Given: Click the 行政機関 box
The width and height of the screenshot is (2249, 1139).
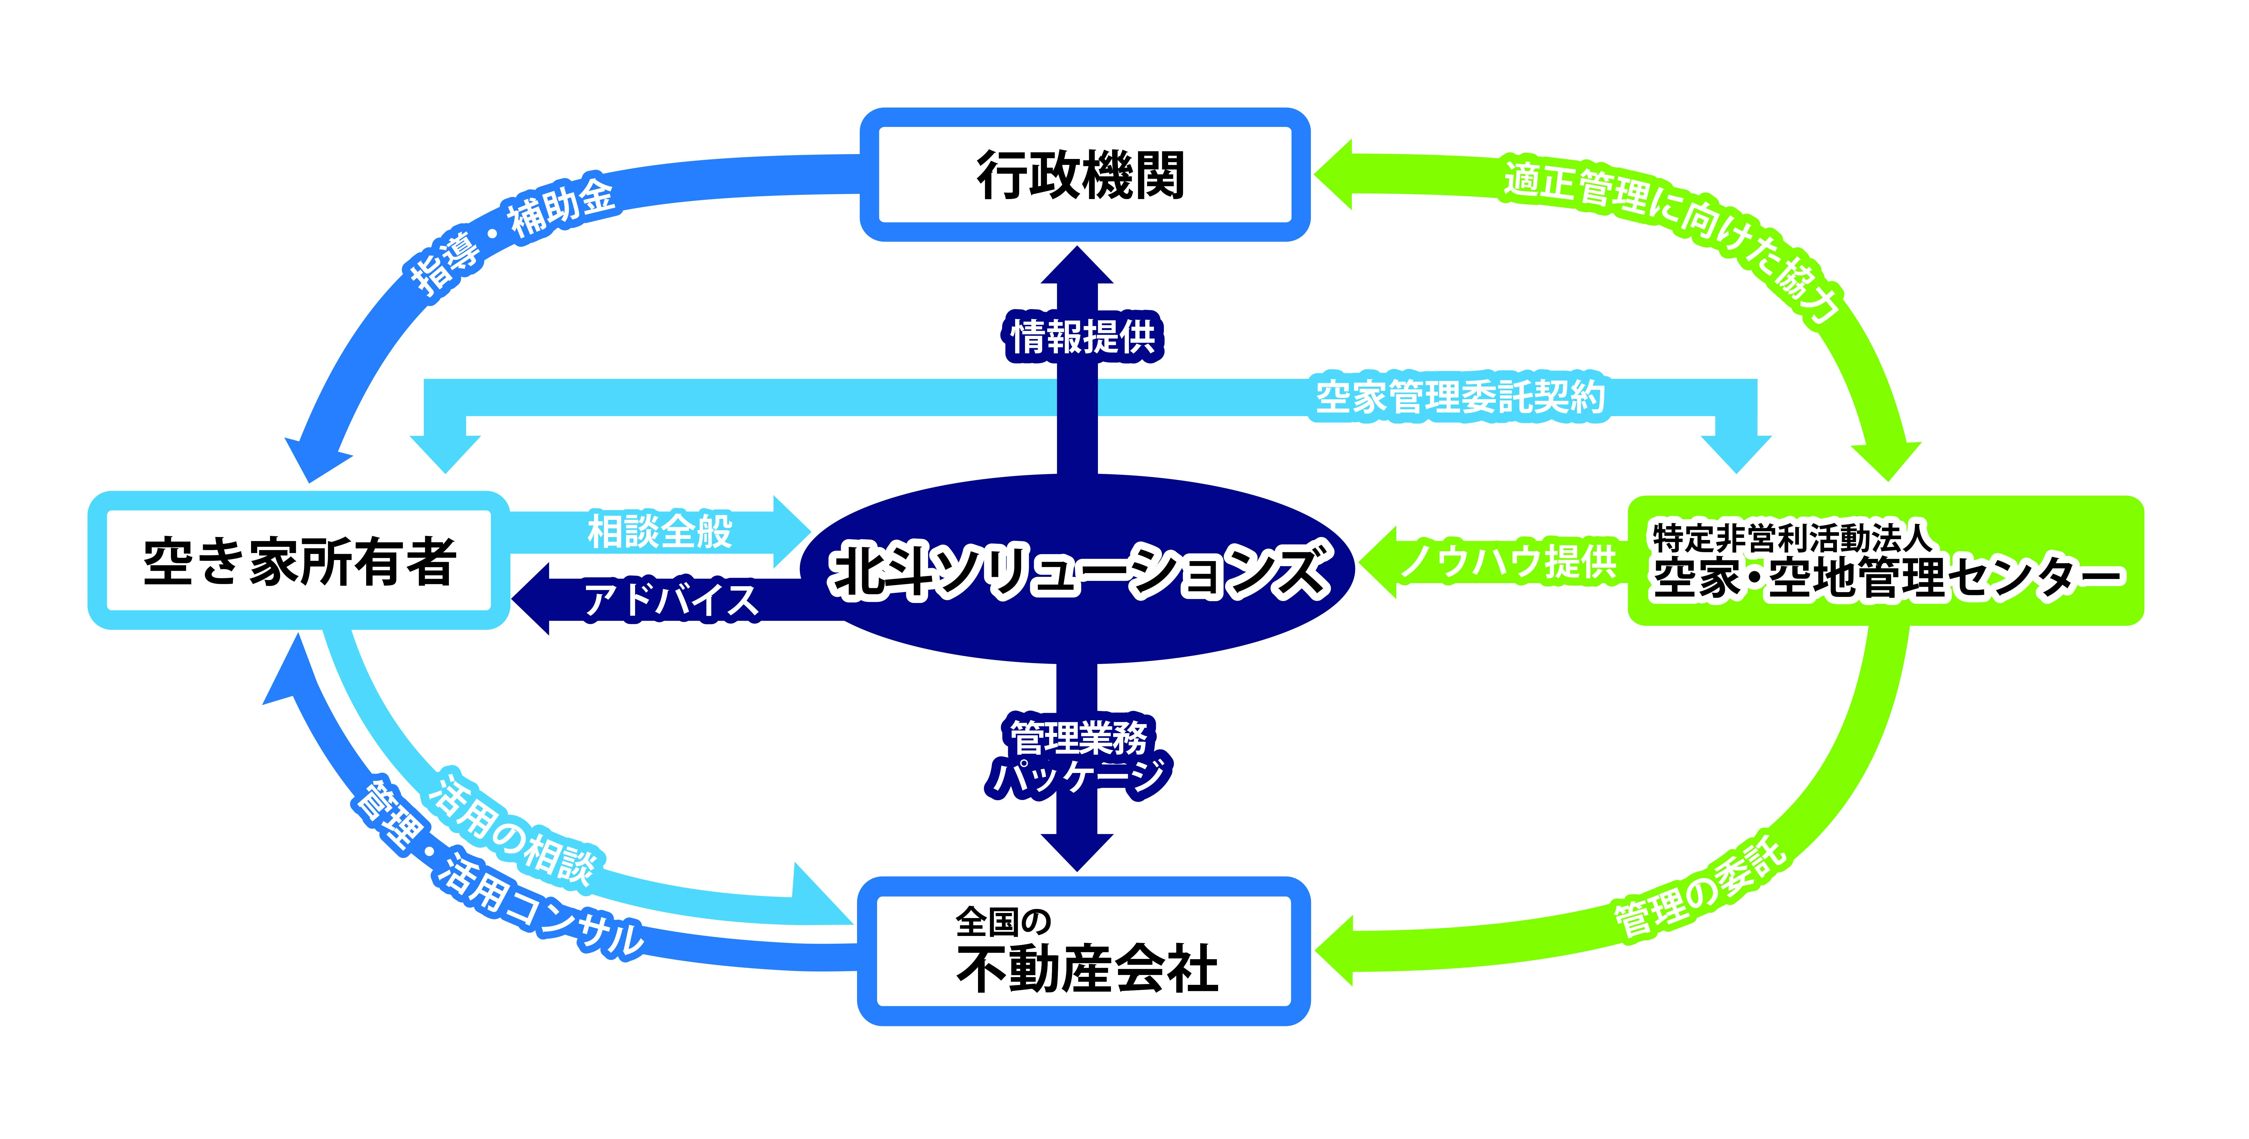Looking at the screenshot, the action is click(x=1084, y=175).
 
